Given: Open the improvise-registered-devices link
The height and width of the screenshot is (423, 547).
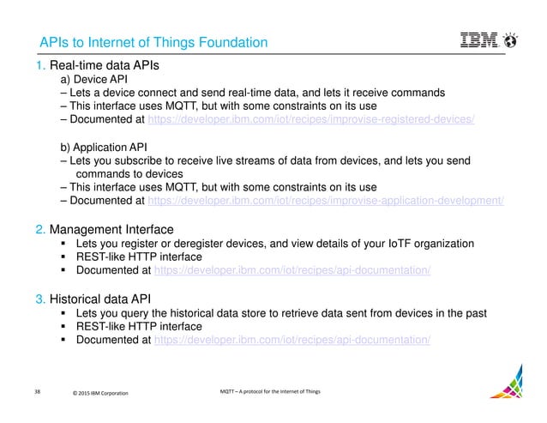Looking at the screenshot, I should [311, 119].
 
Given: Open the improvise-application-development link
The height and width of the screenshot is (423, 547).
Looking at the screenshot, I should [326, 201].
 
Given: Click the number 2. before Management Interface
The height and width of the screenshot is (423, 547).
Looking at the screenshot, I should [40, 230].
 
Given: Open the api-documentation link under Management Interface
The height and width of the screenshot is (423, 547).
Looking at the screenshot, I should [291, 271].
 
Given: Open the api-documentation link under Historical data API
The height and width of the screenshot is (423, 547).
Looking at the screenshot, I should [291, 340].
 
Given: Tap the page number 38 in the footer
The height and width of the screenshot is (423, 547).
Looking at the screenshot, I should [37, 392].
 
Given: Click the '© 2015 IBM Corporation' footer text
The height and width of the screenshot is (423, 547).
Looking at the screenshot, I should [99, 394].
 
